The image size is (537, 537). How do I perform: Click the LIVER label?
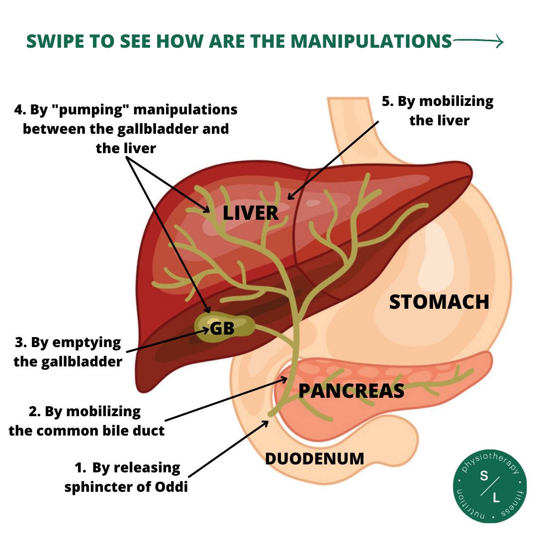[251, 213]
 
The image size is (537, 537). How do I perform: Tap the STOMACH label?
[439, 302]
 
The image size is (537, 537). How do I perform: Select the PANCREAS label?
[352, 391]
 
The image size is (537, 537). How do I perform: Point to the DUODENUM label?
[315, 459]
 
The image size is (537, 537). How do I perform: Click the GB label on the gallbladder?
[222, 329]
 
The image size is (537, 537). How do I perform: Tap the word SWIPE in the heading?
[55, 41]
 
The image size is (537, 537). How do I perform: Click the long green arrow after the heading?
[478, 41]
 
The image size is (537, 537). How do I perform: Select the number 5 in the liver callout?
[387, 101]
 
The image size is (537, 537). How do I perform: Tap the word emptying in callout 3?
[87, 343]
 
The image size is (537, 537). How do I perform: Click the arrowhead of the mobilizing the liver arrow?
[290, 196]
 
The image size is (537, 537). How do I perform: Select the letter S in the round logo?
[484, 476]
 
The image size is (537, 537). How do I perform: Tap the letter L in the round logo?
[496, 498]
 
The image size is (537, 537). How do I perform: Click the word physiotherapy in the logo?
[490, 460]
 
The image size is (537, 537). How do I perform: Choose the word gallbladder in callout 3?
[82, 362]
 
